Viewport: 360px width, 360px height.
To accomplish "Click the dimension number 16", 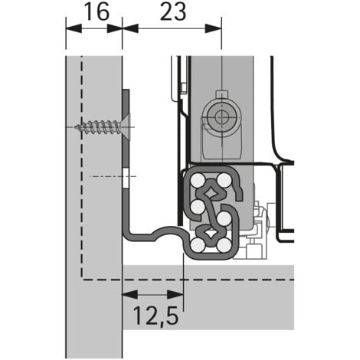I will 93,12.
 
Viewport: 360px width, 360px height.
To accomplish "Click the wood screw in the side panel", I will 103,126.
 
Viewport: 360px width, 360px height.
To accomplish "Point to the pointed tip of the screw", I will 79,126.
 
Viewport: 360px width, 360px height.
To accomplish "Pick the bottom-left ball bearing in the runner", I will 198,245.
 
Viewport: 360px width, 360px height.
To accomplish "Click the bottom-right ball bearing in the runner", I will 224,245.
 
